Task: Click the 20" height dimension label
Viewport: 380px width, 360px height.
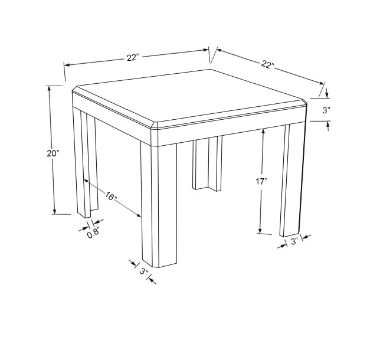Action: (x=53, y=153)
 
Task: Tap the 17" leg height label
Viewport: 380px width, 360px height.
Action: (x=261, y=181)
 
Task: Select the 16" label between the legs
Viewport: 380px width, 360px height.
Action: (x=111, y=196)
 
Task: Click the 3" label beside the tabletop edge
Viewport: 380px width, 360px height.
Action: (x=326, y=110)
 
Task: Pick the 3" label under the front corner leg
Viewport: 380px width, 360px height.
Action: (x=144, y=271)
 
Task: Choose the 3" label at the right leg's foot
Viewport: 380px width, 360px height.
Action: (x=294, y=241)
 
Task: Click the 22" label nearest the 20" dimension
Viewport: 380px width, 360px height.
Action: (x=133, y=58)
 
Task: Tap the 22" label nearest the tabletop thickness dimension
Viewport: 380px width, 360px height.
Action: (x=267, y=64)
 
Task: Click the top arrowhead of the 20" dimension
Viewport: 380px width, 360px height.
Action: (x=49, y=88)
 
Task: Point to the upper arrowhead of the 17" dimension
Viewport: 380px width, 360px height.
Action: (x=263, y=131)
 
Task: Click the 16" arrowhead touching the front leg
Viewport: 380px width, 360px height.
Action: (x=139, y=215)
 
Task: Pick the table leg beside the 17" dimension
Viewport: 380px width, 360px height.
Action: (x=292, y=179)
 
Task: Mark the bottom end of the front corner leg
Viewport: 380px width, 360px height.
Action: (x=159, y=265)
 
